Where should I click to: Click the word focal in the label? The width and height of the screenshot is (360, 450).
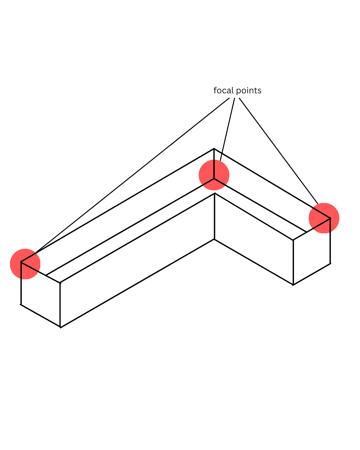tap(223, 91)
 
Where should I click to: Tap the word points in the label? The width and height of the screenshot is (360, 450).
tap(249, 91)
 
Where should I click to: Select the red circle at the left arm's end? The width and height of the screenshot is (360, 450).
tap(25, 264)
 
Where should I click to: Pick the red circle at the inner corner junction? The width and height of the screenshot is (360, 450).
tap(214, 175)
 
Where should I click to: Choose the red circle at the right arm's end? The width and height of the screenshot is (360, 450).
tap(324, 218)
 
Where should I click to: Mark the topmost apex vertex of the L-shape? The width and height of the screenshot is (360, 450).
tap(214, 149)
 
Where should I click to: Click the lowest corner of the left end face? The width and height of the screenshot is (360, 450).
tap(60, 327)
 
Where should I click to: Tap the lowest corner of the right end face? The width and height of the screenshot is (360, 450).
tap(293, 285)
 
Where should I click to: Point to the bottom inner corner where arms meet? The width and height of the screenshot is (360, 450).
tap(214, 239)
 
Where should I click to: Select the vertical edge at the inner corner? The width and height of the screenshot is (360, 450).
tap(214, 217)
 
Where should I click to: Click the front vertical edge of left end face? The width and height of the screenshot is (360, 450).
tap(60, 305)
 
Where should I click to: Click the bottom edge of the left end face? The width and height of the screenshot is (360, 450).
tap(40, 315)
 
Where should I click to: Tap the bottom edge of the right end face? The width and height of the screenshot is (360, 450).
tap(312, 274)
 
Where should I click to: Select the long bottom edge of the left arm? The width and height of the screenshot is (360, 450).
tap(137, 283)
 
